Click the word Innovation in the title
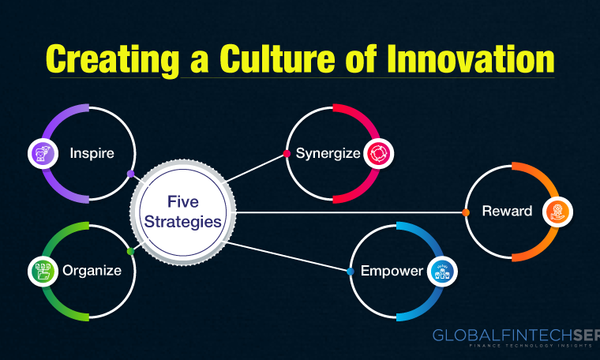[471, 59]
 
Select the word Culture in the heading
[277, 59]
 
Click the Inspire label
[92, 153]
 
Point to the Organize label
[92, 271]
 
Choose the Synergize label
[328, 154]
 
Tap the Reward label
[507, 211]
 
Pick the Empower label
[392, 272]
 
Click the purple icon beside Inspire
[43, 154]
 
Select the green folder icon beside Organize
[43, 272]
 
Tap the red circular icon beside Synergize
[378, 154]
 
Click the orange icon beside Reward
[557, 212]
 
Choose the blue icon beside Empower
[442, 272]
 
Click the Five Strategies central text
[183, 212]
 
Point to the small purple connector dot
[131, 174]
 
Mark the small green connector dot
[130, 251]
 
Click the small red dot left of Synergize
[287, 154]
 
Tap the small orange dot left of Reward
[466, 212]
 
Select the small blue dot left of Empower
[350, 272]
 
